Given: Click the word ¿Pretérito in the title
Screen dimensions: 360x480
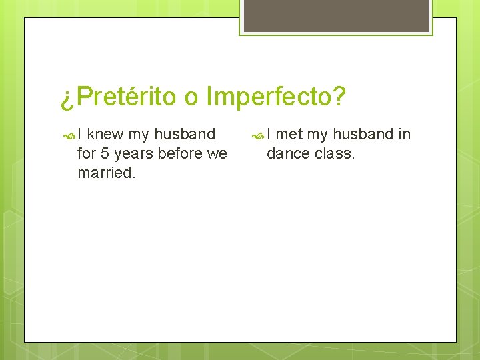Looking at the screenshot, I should (x=118, y=97).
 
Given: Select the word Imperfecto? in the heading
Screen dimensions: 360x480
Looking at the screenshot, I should (x=276, y=97).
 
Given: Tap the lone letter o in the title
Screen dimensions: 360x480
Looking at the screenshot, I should (x=191, y=98).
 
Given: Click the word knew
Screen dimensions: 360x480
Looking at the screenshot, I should (x=105, y=134).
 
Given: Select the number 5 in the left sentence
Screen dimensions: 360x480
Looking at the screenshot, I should (x=105, y=153).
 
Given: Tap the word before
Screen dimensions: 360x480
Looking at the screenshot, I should (x=180, y=153).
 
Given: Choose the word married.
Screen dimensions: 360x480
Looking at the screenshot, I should (x=107, y=173).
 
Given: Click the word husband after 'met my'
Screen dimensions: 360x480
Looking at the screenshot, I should (x=363, y=134).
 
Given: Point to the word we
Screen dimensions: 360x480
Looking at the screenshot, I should (x=217, y=154).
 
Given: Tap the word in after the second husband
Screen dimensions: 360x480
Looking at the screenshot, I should (x=404, y=134).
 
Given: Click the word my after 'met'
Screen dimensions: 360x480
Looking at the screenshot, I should (x=317, y=135).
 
